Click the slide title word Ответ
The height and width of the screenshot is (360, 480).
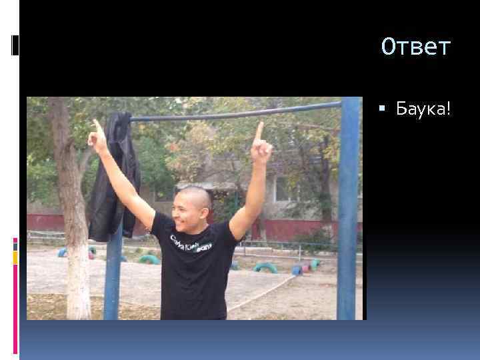pyautogui.click(x=416, y=47)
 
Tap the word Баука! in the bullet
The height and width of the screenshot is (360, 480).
pyautogui.click(x=423, y=108)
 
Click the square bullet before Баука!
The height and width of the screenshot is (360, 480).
pyautogui.click(x=388, y=109)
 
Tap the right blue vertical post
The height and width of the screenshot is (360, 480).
pyautogui.click(x=347, y=213)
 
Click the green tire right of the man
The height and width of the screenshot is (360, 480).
pyautogui.click(x=265, y=267)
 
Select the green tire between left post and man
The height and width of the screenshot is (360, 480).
pyautogui.click(x=149, y=259)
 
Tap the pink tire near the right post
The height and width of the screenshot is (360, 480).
pyautogui.click(x=306, y=268)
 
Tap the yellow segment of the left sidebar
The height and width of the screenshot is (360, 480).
pyautogui.click(x=15, y=257)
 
